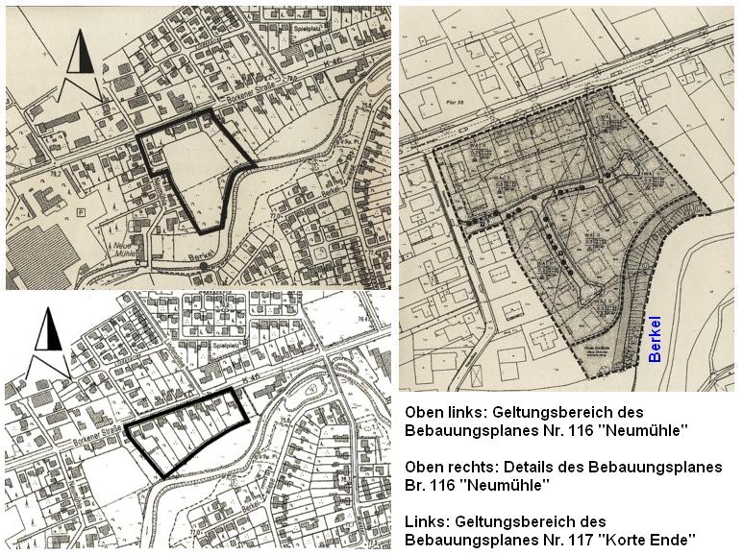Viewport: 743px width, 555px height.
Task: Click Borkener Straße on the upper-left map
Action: (x=203, y=98)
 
